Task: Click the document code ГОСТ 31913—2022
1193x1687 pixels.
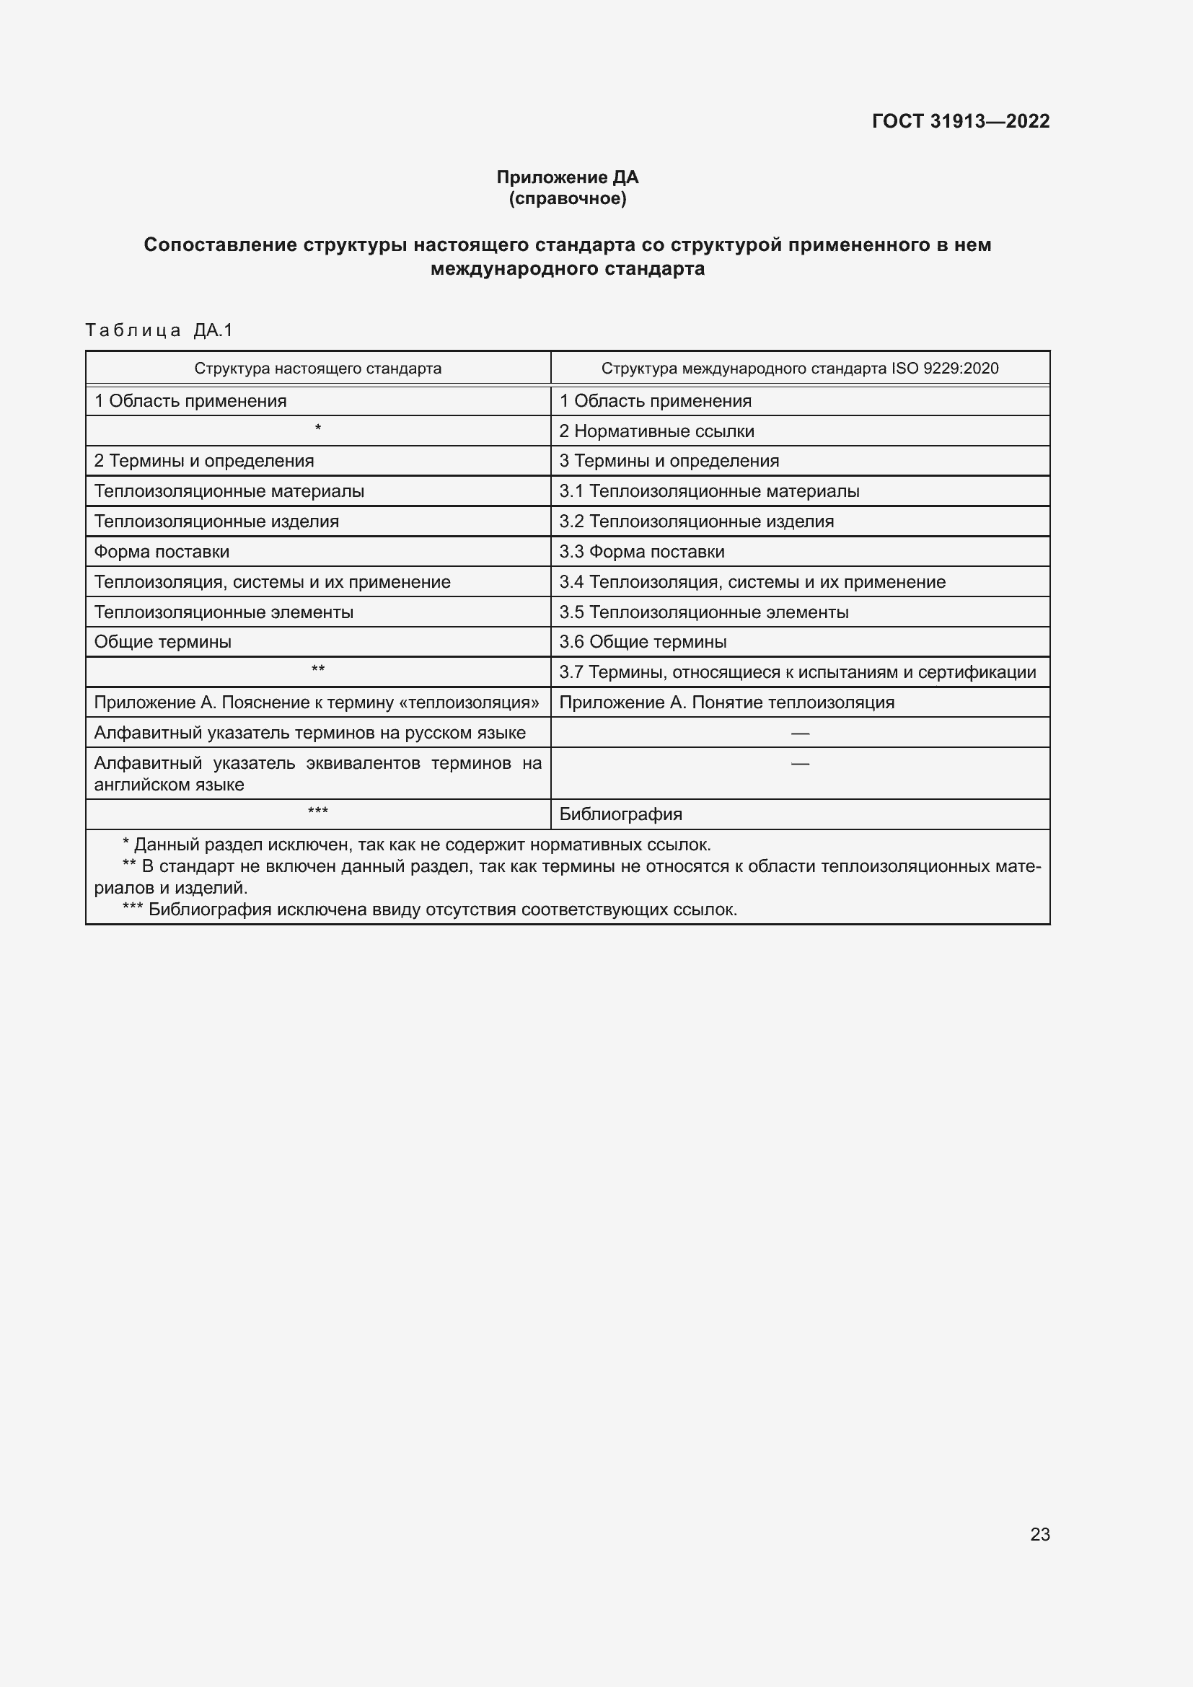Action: pos(960,121)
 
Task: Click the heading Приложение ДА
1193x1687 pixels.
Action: pos(567,177)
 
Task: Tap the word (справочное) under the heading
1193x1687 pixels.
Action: pos(567,198)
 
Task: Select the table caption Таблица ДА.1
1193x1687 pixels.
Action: pos(159,330)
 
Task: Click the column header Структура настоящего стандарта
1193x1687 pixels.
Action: pos(317,368)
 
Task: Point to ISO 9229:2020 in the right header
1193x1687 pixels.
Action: pos(944,368)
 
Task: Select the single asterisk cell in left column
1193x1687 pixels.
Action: pos(317,429)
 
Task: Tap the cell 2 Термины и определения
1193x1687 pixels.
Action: pos(203,461)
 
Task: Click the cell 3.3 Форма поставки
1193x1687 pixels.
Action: pos(641,552)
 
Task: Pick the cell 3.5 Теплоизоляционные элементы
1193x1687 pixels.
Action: pos(703,612)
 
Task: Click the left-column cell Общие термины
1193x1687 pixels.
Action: pos(162,642)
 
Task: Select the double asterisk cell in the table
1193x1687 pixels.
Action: pos(317,670)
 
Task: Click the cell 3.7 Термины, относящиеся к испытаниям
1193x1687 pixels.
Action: pos(797,672)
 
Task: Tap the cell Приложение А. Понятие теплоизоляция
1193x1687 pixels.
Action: pos(726,702)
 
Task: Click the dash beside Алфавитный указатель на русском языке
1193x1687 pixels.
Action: pos(799,734)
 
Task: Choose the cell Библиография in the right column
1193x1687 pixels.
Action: pos(620,814)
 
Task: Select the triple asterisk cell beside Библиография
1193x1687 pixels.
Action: pos(317,812)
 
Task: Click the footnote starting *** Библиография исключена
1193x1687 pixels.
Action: pos(430,909)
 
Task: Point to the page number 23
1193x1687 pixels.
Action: pos(1039,1534)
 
